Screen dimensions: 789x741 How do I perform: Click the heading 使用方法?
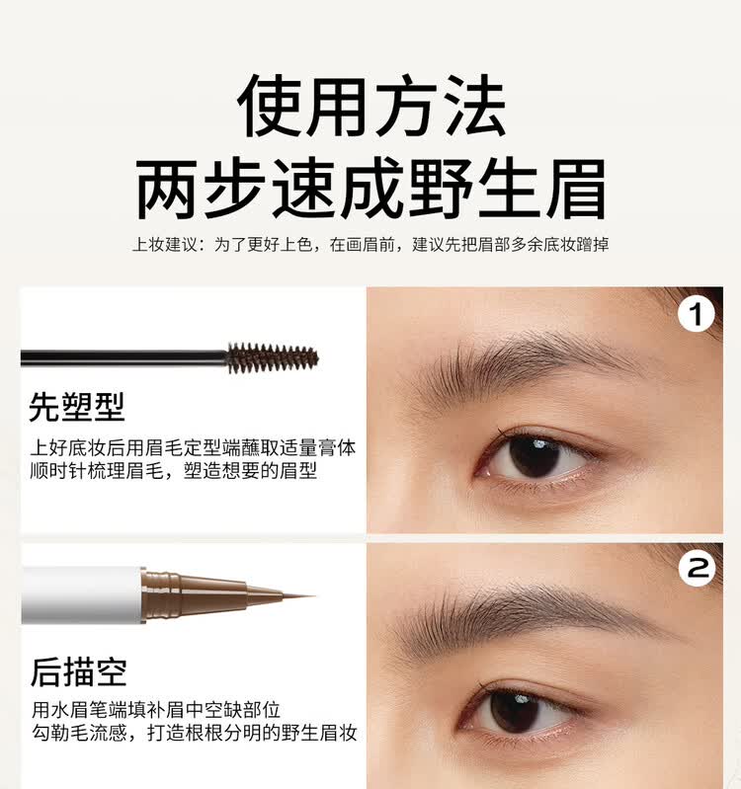[370, 106]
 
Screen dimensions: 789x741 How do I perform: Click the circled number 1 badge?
[698, 315]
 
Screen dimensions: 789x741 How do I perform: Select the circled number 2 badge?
[699, 568]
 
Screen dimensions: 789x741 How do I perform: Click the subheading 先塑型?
[77, 406]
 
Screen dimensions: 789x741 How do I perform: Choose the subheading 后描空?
[78, 671]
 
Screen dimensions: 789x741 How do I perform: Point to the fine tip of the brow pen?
[296, 595]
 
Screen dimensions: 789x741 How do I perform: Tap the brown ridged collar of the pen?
[162, 594]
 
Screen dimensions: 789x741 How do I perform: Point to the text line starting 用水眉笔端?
[156, 709]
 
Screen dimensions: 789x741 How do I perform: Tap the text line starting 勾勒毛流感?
[194, 733]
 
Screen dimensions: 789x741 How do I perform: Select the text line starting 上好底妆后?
[194, 447]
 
